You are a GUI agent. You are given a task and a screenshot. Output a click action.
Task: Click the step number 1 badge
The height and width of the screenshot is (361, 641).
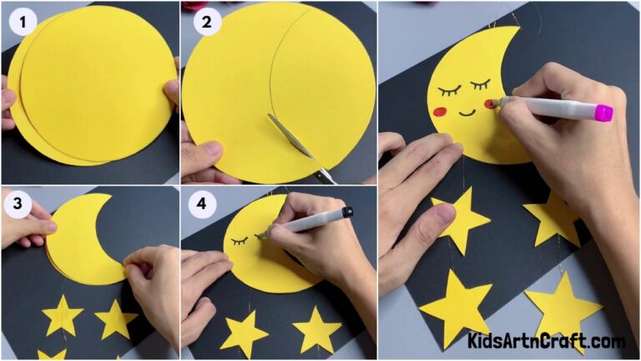click(23, 23)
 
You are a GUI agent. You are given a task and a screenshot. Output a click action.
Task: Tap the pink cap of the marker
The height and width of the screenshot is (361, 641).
click(603, 112)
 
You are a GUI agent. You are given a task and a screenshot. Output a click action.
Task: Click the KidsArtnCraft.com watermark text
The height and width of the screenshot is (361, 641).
click(546, 341)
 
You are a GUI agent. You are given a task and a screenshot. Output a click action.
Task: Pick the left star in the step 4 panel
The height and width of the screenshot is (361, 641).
click(244, 333)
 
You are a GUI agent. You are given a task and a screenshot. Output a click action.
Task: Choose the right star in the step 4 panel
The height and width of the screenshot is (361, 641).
click(316, 328)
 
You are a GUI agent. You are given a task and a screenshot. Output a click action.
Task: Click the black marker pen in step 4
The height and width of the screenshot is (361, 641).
click(305, 221)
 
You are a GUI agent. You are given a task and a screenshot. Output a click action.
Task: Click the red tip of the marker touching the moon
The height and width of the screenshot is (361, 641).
click(493, 103)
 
